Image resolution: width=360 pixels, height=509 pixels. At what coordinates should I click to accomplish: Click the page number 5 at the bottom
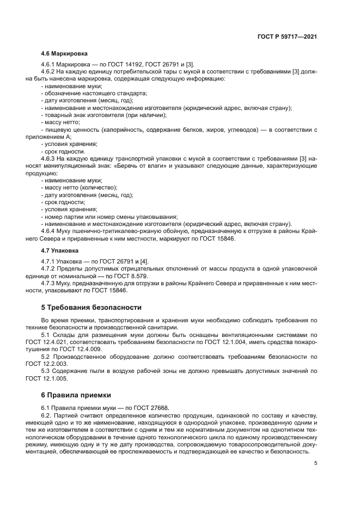tap(316, 463)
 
